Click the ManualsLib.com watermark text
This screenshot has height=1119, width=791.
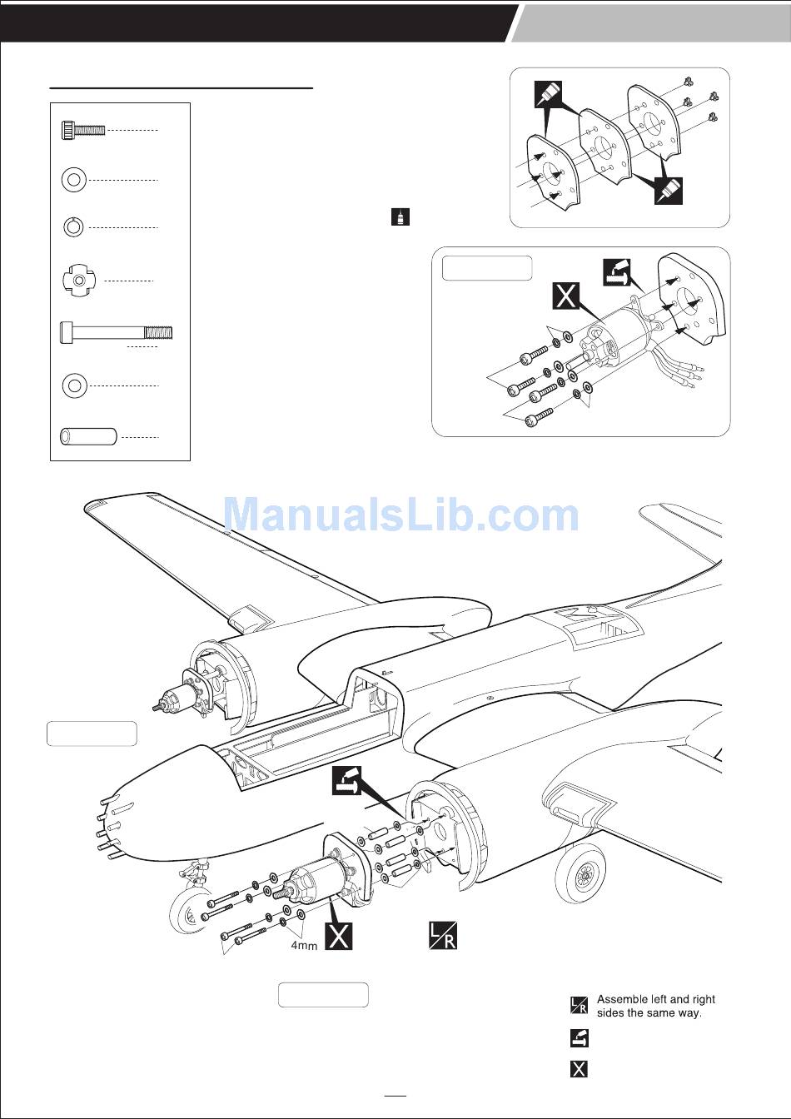point(400,515)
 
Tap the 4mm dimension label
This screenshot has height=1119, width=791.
point(304,946)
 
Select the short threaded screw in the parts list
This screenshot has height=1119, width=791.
point(83,130)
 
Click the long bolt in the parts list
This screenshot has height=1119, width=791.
point(116,333)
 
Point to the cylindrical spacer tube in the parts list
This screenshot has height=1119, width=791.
point(87,436)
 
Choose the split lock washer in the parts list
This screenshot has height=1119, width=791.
point(73,226)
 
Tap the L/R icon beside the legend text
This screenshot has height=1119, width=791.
point(579,1005)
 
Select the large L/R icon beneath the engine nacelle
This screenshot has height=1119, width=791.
point(442,935)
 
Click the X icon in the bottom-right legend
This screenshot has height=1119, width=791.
point(579,1068)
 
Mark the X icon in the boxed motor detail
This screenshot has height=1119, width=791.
point(566,296)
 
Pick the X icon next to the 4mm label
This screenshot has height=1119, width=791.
point(338,936)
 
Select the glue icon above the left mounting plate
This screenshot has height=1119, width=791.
point(549,96)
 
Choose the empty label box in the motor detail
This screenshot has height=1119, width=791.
point(487,268)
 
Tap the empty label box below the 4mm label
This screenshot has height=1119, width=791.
point(323,995)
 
